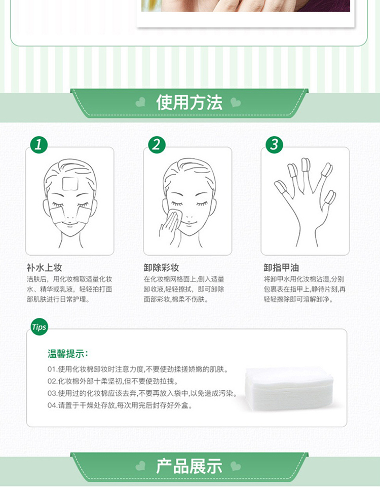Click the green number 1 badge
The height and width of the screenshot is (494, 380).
39,145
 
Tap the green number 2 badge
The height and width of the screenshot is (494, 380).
157,145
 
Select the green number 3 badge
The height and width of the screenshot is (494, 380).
274,145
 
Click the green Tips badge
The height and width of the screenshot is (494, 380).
39,327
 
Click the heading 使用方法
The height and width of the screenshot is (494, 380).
189,103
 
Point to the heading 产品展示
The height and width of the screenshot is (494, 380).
189,466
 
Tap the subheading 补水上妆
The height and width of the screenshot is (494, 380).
44,268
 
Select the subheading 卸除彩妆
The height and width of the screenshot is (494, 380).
162,268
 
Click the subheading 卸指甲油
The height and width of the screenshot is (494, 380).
281,268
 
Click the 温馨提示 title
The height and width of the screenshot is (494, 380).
68,353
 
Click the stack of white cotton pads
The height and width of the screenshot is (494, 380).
289,388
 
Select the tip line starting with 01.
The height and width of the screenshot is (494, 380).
138,369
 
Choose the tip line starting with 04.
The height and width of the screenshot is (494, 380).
120,405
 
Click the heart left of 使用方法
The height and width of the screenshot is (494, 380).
140,102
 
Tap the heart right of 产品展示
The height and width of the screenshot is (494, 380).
236,466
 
